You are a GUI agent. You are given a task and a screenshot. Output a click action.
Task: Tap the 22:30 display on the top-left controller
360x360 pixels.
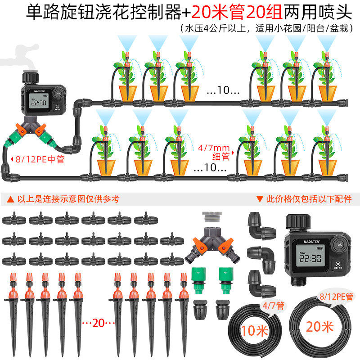point(39,102)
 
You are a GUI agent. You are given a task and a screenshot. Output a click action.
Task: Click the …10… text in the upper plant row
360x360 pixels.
point(223,90)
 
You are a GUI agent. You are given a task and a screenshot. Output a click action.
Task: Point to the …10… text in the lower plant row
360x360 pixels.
point(210,168)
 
